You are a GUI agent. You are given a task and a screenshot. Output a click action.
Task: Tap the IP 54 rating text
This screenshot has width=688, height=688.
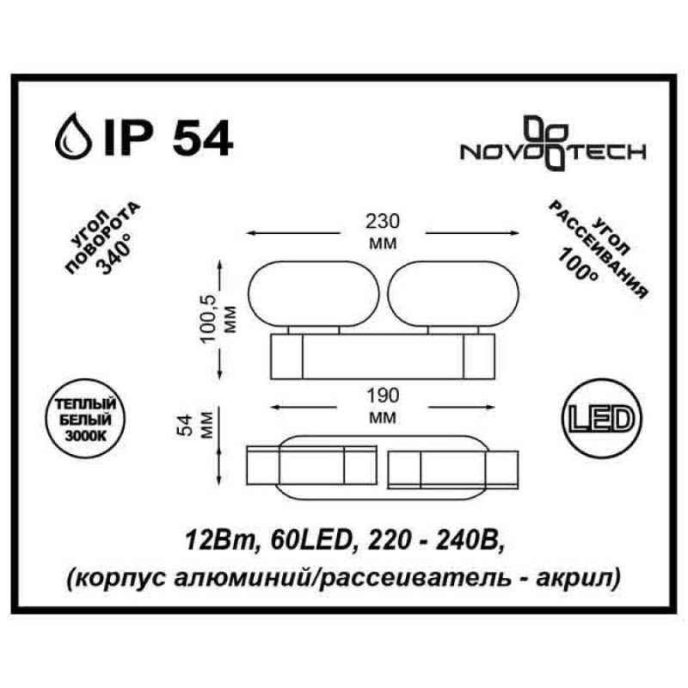pos(168,137)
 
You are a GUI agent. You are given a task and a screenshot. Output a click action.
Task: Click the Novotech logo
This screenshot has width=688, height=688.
pos(552,144)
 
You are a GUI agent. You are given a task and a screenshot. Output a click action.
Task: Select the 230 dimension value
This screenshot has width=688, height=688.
pos(383,221)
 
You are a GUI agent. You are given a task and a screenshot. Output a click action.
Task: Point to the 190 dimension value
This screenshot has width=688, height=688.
pos(383,396)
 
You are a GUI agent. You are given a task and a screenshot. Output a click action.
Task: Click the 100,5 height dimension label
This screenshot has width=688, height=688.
pos(210,319)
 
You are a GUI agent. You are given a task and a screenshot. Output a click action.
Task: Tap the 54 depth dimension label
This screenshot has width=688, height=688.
pos(187,425)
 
